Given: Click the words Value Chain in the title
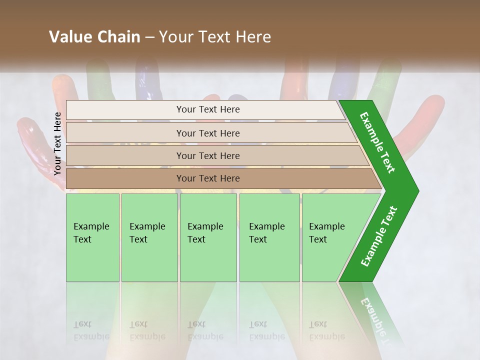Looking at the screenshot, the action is pyautogui.click(x=94, y=37).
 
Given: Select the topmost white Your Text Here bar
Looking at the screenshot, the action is pyautogui.click(x=207, y=109).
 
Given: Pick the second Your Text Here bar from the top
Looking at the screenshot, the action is pyautogui.click(x=207, y=133).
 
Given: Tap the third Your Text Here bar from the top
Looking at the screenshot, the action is pyautogui.click(x=207, y=155).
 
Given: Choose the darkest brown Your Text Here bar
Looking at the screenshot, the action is pyautogui.click(x=207, y=178).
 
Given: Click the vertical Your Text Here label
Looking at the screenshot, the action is pyautogui.click(x=58, y=143).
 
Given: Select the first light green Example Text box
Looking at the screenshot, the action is pyautogui.click(x=92, y=237).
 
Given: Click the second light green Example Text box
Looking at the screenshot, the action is pyautogui.click(x=149, y=237).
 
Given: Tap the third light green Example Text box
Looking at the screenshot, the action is pyautogui.click(x=207, y=237).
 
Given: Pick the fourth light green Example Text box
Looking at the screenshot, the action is pyautogui.click(x=269, y=237).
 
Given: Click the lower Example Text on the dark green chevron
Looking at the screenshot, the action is pyautogui.click(x=379, y=236).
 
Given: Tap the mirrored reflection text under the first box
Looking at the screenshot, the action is pyautogui.click(x=91, y=330).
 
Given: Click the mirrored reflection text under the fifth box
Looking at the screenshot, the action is pyautogui.click(x=326, y=330).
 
